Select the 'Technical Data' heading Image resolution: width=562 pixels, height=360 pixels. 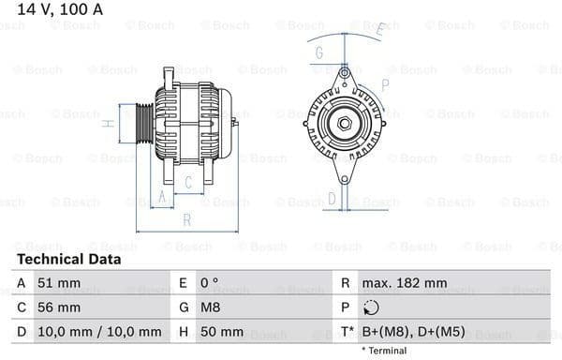[x=68, y=259]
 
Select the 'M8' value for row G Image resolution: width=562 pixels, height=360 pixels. [x=211, y=307]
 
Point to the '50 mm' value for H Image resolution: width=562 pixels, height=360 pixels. [x=222, y=332]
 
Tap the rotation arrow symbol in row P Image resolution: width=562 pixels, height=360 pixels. [x=372, y=307]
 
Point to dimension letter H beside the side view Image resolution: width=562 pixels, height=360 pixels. [x=109, y=123]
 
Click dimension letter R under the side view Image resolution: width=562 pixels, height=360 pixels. [x=186, y=220]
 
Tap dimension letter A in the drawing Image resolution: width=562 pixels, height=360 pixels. [x=161, y=196]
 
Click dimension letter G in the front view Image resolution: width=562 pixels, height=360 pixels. [x=319, y=52]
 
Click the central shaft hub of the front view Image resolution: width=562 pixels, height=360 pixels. [x=344, y=123]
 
